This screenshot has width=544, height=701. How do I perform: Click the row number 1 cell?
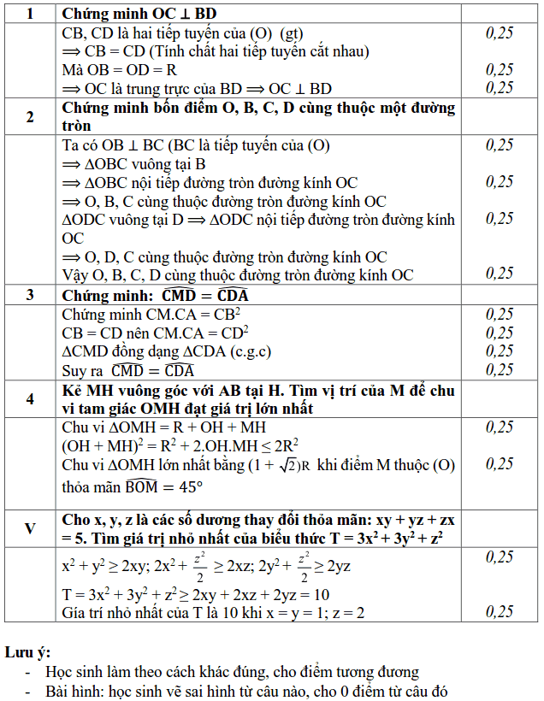pos(30,15)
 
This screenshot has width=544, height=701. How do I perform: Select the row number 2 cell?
pos(30,117)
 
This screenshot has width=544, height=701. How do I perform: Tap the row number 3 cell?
pos(30,295)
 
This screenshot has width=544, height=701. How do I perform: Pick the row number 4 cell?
pos(30,399)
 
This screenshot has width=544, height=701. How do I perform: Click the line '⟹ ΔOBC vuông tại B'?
pos(134,164)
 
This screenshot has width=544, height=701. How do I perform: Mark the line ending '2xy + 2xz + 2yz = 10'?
pos(197,594)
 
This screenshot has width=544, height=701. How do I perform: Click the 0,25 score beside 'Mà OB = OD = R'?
pos(500,70)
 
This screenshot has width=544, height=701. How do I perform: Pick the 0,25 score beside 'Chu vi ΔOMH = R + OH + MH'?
pos(500,427)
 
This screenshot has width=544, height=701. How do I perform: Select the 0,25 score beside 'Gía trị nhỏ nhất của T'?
pos(500,612)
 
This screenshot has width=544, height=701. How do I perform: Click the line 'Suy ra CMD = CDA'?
pos(128,370)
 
